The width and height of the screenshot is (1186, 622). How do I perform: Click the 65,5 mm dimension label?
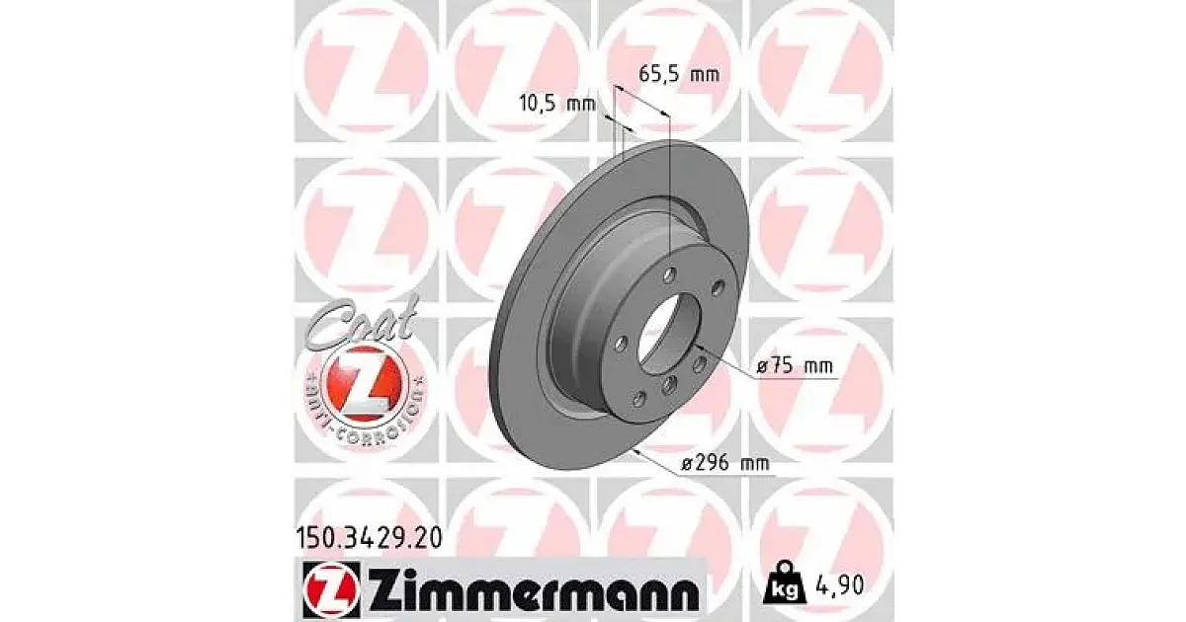point(679,74)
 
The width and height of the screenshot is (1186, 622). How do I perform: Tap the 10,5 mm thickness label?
point(557,103)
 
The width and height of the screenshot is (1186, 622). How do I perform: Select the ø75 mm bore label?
point(795,366)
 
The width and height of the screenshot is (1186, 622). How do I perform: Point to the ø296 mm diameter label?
point(724,464)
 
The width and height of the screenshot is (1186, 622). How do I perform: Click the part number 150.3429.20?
point(368,539)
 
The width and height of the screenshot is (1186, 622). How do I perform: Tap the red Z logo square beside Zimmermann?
point(332,589)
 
